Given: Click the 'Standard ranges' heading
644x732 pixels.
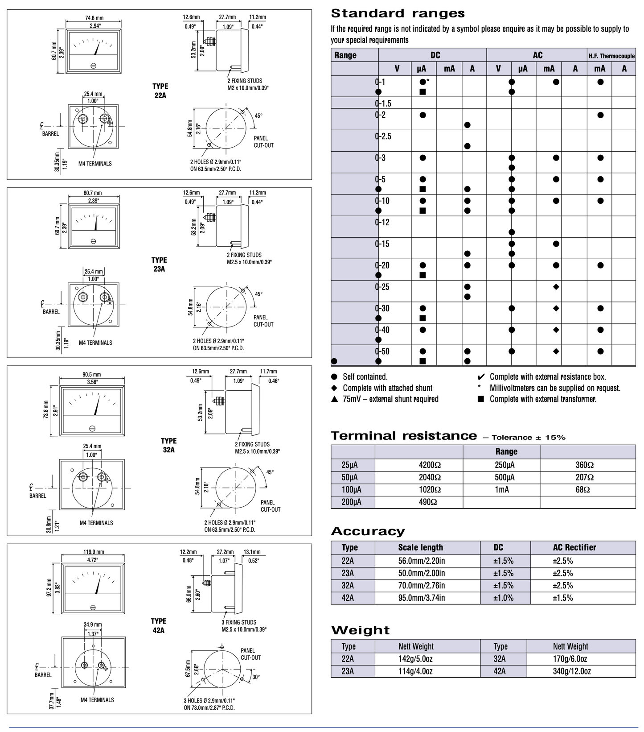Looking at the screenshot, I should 398,13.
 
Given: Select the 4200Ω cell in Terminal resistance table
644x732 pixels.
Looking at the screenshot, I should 430,465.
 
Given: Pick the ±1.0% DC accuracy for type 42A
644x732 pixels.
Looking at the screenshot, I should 503,598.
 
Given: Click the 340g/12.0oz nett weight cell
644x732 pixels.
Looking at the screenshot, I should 572,671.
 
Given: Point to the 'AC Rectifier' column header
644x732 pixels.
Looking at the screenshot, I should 574,548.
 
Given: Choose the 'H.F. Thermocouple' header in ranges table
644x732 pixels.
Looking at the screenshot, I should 611,56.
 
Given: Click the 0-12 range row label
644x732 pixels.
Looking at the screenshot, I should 382,222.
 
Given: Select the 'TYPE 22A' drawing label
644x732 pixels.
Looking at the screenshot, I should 160,91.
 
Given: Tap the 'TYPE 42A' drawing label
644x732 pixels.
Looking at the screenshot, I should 158,625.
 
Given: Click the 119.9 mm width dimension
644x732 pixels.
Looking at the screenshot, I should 94,552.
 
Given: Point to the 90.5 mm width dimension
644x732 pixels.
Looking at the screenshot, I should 92,375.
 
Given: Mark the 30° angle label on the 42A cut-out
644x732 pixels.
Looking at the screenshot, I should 256,677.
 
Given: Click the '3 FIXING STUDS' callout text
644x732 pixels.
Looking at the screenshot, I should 239,622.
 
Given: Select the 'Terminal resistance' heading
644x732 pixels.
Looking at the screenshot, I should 404,436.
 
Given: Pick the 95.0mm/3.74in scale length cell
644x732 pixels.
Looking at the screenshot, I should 422,598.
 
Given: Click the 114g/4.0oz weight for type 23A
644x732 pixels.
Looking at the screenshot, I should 415,671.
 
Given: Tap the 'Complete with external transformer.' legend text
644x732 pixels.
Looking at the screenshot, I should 543,399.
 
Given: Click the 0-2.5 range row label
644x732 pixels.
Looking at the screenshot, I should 383,136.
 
